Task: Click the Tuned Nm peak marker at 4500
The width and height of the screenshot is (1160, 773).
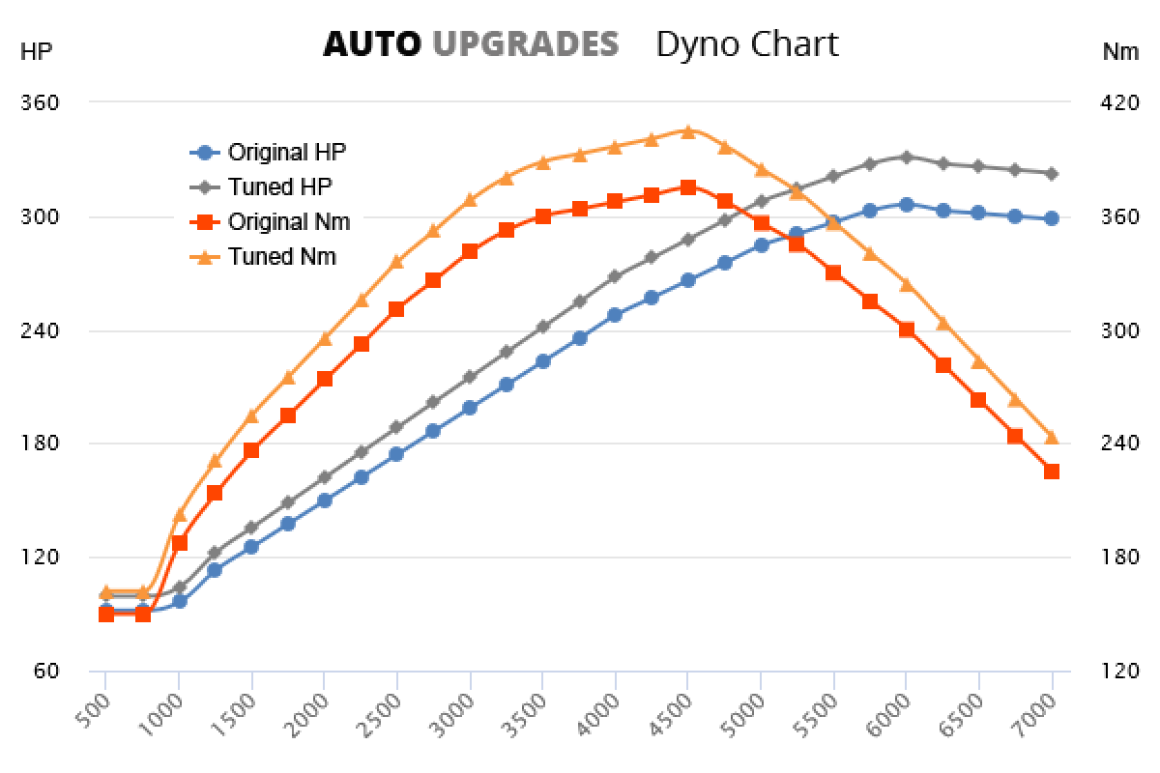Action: pos(687,131)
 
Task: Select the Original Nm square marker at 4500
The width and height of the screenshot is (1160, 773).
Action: pos(687,187)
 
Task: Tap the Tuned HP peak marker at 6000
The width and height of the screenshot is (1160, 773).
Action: pos(906,157)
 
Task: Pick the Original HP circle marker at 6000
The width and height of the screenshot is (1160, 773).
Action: pos(906,205)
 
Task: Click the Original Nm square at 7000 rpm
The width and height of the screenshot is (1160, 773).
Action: pos(1052,472)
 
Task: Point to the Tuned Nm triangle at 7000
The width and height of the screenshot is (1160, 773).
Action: pos(1052,438)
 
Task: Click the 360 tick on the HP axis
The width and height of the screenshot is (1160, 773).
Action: pos(40,102)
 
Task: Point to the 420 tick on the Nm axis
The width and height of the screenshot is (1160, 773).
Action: pos(1120,102)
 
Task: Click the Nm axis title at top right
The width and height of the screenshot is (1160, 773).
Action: pos(1120,52)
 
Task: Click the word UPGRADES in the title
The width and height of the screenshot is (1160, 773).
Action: pos(525,44)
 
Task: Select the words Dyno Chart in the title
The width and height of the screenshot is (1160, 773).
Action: pos(747,44)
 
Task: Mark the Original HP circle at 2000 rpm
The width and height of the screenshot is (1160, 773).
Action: pos(324,501)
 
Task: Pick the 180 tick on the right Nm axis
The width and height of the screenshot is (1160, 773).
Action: pos(1120,558)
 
